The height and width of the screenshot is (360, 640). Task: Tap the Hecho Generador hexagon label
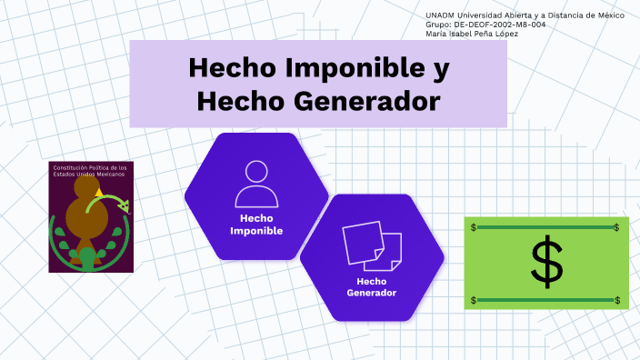371,287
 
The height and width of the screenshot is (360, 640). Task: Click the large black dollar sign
545,263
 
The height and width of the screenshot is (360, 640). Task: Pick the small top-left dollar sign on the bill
474,227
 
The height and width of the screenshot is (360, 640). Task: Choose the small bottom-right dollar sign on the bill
617,300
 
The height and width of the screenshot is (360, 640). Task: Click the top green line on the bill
545,227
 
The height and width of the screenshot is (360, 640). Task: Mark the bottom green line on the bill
545,300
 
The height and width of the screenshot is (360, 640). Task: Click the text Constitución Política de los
90,167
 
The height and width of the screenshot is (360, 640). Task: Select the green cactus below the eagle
87,257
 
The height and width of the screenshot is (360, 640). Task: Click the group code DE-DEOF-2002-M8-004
500,25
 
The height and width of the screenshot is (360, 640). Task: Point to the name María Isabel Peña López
474,34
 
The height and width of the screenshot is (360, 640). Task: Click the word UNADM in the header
440,15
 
